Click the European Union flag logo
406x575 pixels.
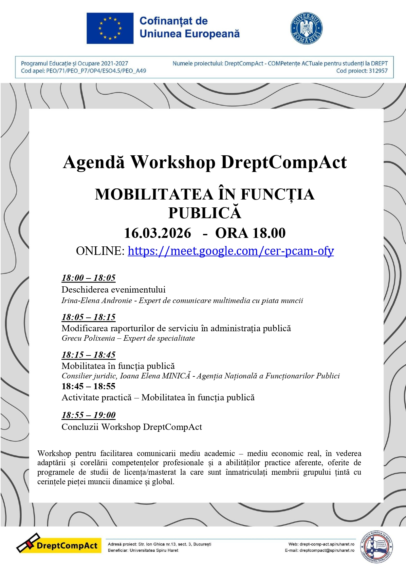pyautogui.click(x=110, y=28)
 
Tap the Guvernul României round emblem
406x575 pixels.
pyautogui.click(x=306, y=28)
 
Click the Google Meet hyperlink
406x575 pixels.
pyautogui.click(x=231, y=251)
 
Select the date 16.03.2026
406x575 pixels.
pyautogui.click(x=157, y=233)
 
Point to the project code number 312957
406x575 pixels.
pyautogui.click(x=378, y=71)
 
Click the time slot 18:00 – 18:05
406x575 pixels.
pyautogui.click(x=88, y=278)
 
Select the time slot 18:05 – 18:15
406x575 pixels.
pyautogui.click(x=88, y=317)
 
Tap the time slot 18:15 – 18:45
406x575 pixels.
pyautogui.click(x=88, y=355)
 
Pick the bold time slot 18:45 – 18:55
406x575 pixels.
pyautogui.click(x=88, y=386)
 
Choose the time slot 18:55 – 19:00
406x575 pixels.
pyautogui.click(x=88, y=415)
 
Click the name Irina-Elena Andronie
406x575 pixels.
pyautogui.click(x=97, y=301)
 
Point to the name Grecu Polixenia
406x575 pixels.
pyautogui.click(x=88, y=338)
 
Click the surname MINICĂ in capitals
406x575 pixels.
pyautogui.click(x=176, y=376)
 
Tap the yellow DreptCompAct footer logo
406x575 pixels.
pyautogui.click(x=59, y=546)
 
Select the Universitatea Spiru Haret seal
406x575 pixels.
pyautogui.click(x=377, y=547)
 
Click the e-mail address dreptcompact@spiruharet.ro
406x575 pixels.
pyautogui.click(x=327, y=550)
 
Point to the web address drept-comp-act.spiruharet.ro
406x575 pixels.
pyautogui.click(x=327, y=544)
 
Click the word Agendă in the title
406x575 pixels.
pyautogui.click(x=94, y=162)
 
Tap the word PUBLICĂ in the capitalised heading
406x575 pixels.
pyautogui.click(x=205, y=213)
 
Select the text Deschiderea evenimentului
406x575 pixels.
pyautogui.click(x=113, y=290)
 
